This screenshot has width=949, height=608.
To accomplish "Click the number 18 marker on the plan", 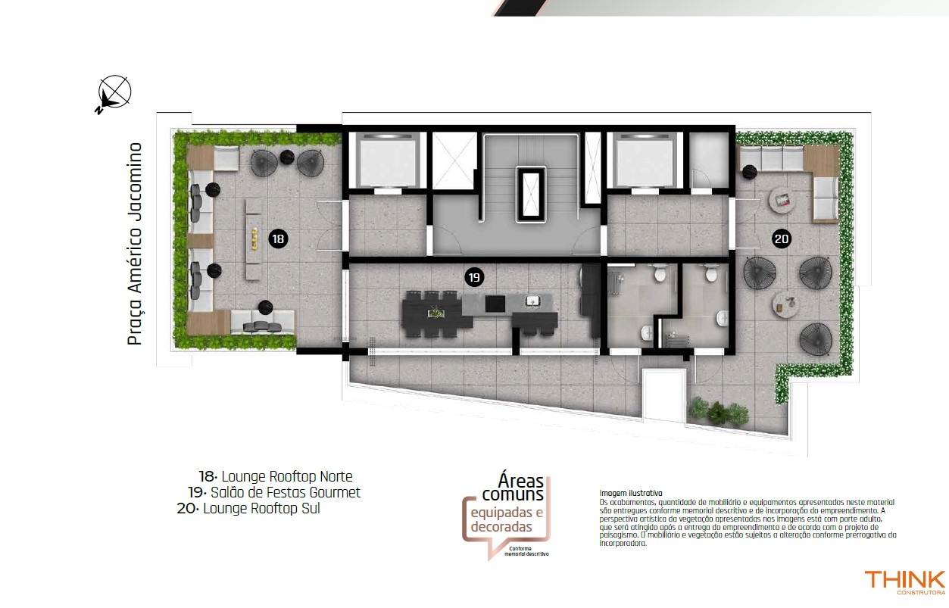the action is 278,239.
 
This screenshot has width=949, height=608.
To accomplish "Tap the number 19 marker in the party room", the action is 474,277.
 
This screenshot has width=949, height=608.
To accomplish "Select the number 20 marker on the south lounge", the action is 782,239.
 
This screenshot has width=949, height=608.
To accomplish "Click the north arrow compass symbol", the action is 113,94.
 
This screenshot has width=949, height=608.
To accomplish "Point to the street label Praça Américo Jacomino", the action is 135,244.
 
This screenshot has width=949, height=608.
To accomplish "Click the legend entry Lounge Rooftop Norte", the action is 276,476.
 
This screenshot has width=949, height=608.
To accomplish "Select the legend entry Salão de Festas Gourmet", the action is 274,492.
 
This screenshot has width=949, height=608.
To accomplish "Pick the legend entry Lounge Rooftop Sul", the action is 248,508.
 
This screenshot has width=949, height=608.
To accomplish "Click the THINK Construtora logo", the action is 904,582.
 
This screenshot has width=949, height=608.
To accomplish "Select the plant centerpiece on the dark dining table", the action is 434,313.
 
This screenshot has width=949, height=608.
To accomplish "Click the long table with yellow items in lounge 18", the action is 254,240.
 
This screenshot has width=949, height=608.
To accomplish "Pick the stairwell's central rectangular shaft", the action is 530,195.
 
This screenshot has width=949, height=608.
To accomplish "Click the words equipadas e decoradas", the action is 507,519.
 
